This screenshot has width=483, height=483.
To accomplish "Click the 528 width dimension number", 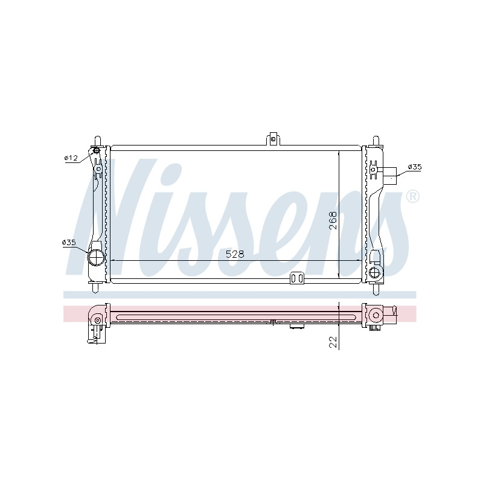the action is point(235,254).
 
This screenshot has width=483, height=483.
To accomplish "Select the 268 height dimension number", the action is point(333,220).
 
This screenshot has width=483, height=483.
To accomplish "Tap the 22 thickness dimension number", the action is point(333,342).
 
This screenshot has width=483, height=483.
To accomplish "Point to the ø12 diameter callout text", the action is point(71,158).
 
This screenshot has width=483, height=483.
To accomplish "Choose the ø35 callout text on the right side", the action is point(415,167).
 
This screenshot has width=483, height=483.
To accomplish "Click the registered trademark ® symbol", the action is point(413,197).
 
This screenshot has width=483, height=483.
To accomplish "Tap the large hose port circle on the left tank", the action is point(95,257).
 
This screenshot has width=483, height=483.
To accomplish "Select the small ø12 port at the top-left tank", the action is point(96,150).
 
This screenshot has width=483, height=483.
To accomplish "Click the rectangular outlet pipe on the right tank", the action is point(390,176).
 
